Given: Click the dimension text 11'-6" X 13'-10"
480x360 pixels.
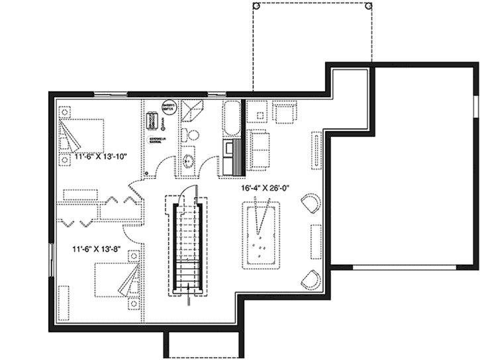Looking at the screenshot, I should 99,157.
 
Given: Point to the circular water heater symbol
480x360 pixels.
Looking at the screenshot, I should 169,108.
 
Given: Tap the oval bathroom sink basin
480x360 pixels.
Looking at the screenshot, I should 189,161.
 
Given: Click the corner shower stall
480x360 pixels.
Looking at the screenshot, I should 194,110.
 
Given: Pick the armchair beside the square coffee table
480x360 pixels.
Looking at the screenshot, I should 286,112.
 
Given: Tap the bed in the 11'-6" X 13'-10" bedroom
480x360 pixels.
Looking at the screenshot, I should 82,135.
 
